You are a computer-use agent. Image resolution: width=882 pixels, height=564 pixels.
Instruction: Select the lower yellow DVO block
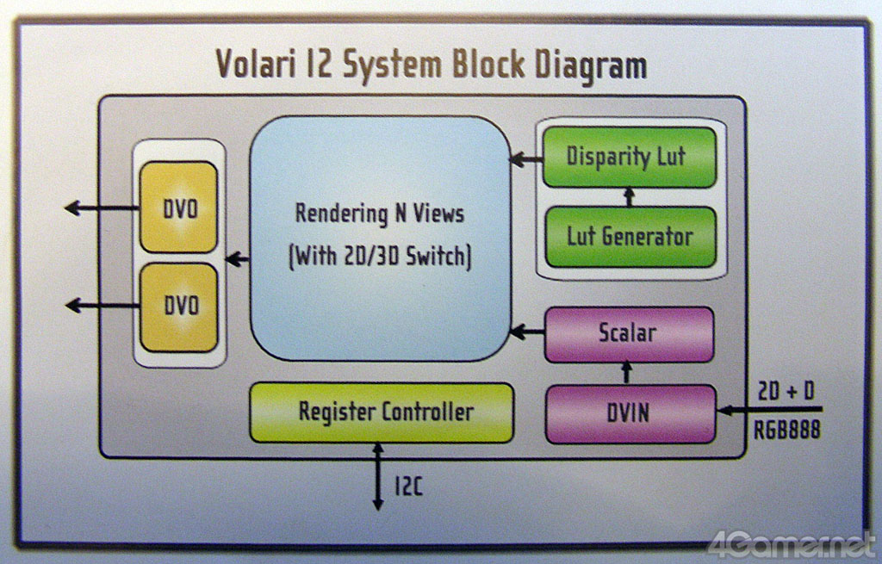tap(178, 307)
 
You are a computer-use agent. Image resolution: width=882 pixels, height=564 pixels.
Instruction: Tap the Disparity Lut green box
tap(628, 157)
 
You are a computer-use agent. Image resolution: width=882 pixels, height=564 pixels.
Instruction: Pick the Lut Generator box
tap(630, 236)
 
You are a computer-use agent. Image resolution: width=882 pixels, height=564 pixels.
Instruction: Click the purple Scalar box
tap(629, 333)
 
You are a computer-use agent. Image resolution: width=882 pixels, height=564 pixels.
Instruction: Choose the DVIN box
tap(630, 413)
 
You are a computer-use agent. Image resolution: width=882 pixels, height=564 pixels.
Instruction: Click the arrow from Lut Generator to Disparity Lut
tap(629, 197)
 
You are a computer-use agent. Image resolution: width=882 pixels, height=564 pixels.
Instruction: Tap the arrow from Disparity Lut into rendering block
tap(526, 158)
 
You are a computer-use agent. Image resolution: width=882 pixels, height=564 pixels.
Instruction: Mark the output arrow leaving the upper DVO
tap(102, 208)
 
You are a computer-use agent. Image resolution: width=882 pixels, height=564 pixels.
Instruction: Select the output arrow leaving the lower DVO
tap(102, 305)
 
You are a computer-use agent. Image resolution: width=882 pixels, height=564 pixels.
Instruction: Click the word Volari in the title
tap(259, 65)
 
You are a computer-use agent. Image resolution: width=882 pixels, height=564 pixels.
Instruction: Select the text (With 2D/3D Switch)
tap(380, 257)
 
